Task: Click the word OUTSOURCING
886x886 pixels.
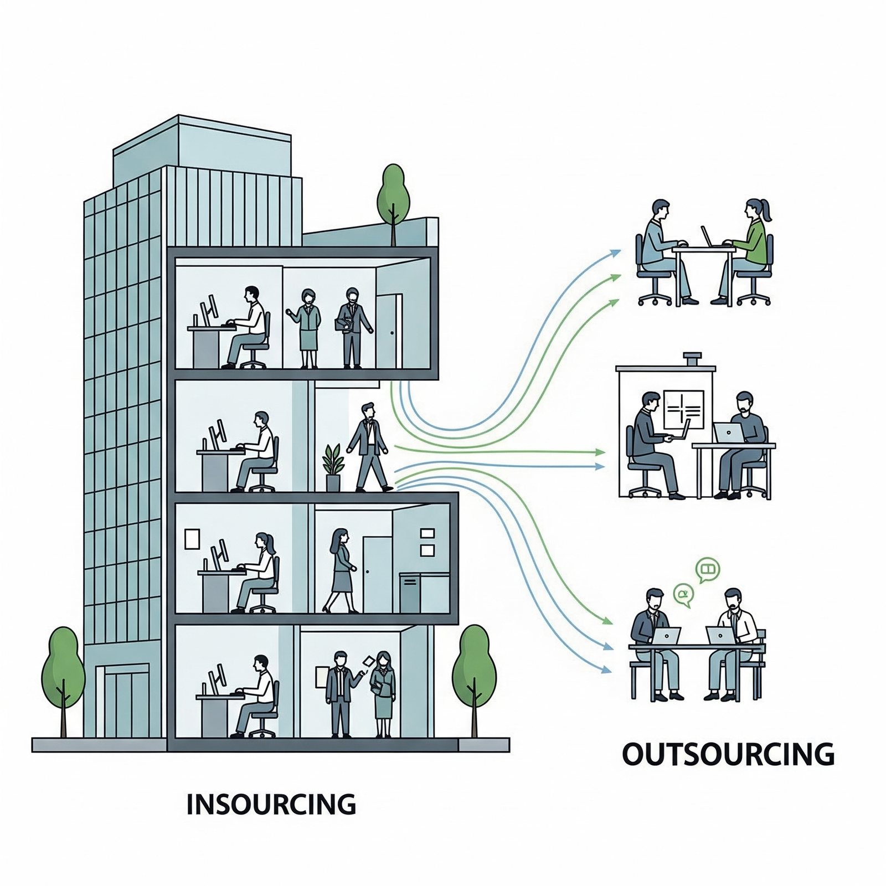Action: pyautogui.click(x=728, y=754)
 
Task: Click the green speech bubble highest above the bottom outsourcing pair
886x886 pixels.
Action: pyautogui.click(x=708, y=569)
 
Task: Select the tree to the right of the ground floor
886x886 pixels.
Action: pyautogui.click(x=474, y=676)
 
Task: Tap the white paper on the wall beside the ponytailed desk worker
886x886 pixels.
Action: pyautogui.click(x=192, y=538)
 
